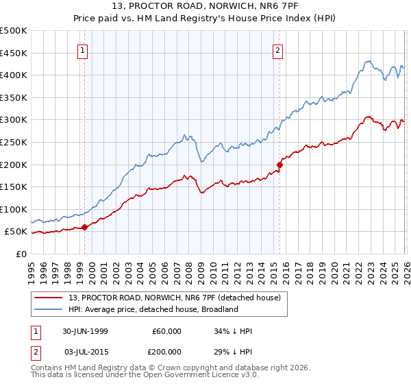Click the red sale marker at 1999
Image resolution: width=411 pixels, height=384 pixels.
[85, 227]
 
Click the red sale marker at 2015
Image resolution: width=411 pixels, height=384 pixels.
[279, 165]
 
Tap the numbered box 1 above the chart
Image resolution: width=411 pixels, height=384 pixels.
[82, 49]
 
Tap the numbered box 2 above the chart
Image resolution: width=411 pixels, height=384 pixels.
[278, 49]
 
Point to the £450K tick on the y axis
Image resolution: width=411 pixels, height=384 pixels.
[14, 53]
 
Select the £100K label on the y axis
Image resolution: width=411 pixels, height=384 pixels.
[14, 209]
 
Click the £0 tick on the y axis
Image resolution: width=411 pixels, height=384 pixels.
[21, 254]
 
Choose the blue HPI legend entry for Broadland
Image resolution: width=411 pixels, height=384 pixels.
[153, 309]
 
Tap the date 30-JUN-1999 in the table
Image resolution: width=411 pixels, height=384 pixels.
[85, 331]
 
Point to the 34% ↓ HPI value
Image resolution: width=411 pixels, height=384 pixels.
[233, 331]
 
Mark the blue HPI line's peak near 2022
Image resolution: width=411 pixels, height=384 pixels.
[368, 61]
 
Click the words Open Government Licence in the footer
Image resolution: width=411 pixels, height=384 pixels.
[199, 376]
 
